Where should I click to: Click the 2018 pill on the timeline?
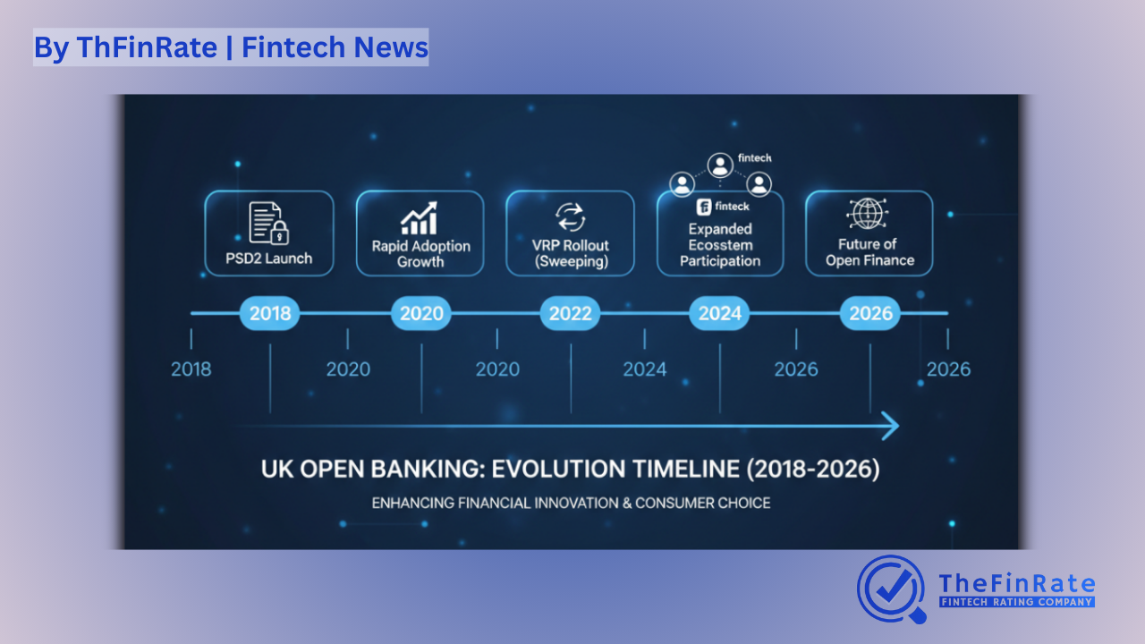click(x=269, y=314)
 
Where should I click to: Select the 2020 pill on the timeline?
click(x=421, y=314)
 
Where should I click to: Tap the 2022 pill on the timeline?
click(x=570, y=314)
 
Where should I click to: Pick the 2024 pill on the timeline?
click(x=720, y=314)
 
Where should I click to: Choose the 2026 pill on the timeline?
click(x=870, y=314)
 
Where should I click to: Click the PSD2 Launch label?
click(x=269, y=259)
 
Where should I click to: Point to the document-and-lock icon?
click(x=269, y=223)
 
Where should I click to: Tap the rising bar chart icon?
click(x=420, y=218)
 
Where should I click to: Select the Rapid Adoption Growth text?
click(x=420, y=254)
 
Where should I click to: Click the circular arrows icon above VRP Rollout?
click(x=570, y=217)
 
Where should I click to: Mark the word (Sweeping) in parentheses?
click(x=570, y=262)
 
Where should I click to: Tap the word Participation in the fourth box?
click(x=720, y=262)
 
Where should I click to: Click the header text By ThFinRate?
click(x=124, y=47)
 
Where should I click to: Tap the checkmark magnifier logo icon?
click(x=891, y=589)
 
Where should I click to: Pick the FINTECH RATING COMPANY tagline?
click(x=1016, y=603)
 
